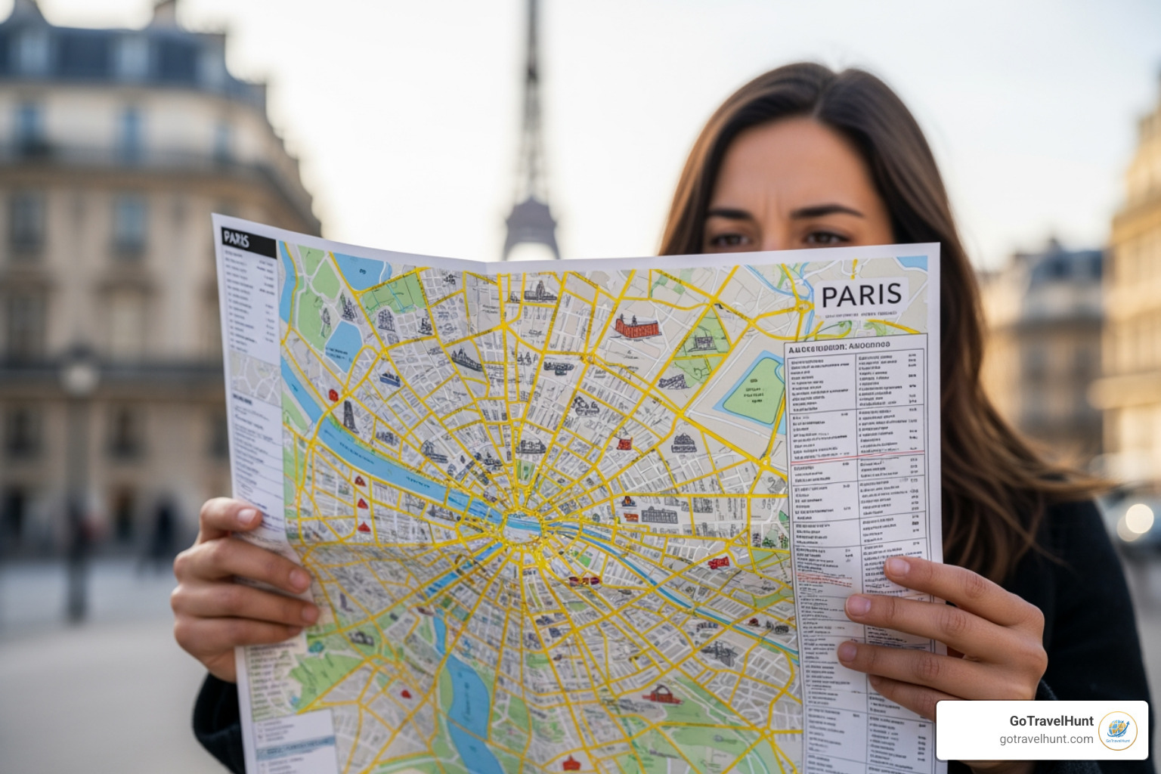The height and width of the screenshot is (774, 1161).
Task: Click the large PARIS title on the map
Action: click(861, 294)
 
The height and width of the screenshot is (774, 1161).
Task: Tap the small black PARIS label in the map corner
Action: click(237, 240)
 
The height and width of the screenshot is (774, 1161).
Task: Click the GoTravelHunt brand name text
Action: click(1051, 721)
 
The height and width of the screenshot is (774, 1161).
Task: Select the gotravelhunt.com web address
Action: click(1046, 739)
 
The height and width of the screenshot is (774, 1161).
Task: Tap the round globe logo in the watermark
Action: click(1118, 730)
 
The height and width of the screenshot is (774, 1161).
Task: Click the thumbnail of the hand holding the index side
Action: click(898, 565)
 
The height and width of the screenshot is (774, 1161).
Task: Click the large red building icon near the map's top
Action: click(636, 327)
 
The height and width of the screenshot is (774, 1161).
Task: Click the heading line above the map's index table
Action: click(839, 346)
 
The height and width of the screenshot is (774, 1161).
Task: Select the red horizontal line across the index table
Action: click(857, 457)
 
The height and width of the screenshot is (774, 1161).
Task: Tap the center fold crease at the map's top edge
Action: click(485, 265)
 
